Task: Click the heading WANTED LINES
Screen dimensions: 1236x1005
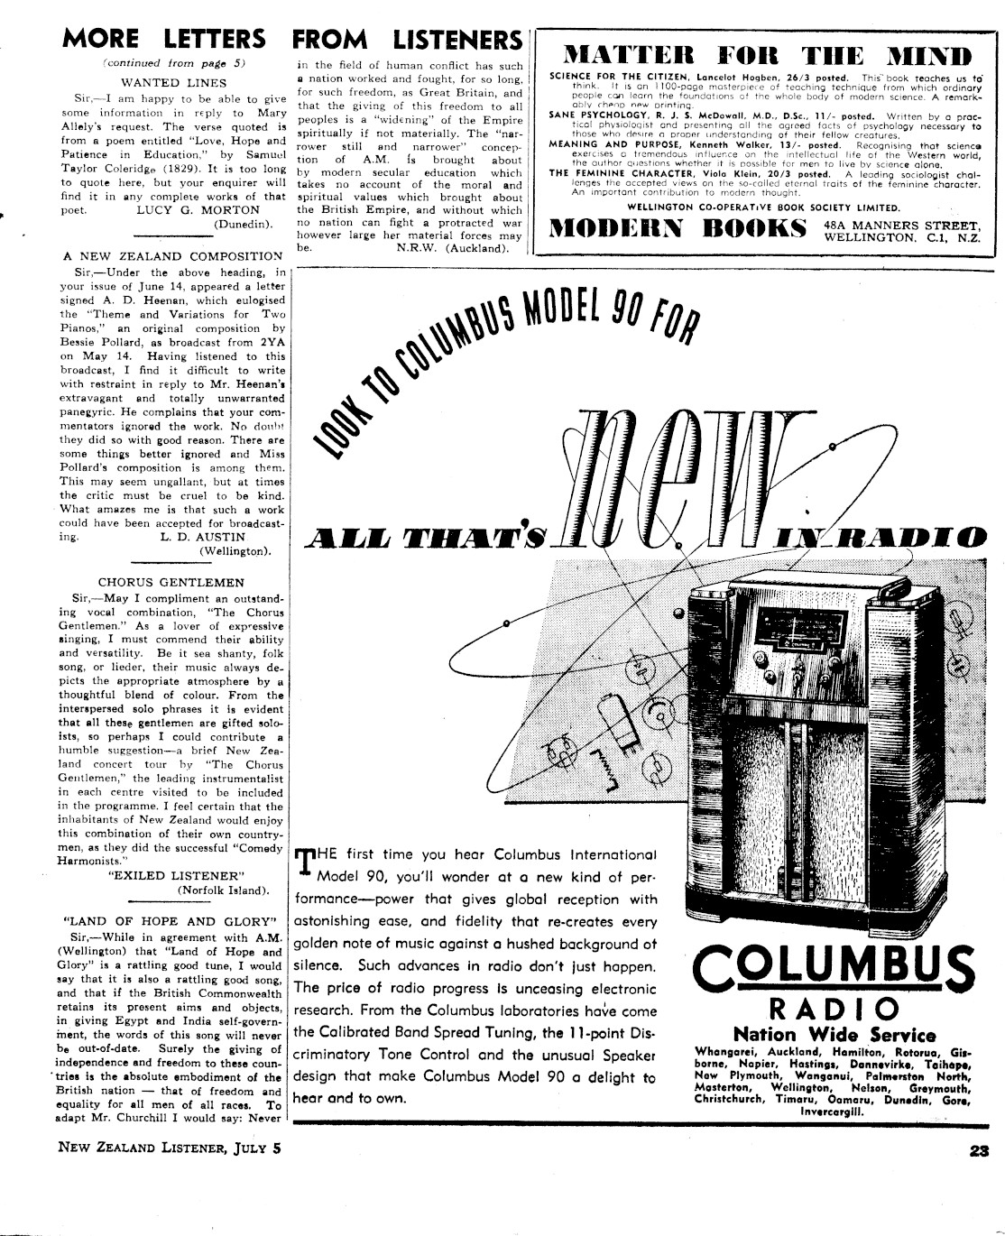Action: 174,82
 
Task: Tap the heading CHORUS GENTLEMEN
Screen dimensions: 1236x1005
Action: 171,582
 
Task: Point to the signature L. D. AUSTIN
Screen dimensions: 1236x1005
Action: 199,536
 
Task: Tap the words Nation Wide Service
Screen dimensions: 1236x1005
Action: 834,1035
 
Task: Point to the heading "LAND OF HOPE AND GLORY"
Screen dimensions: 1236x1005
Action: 171,921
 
